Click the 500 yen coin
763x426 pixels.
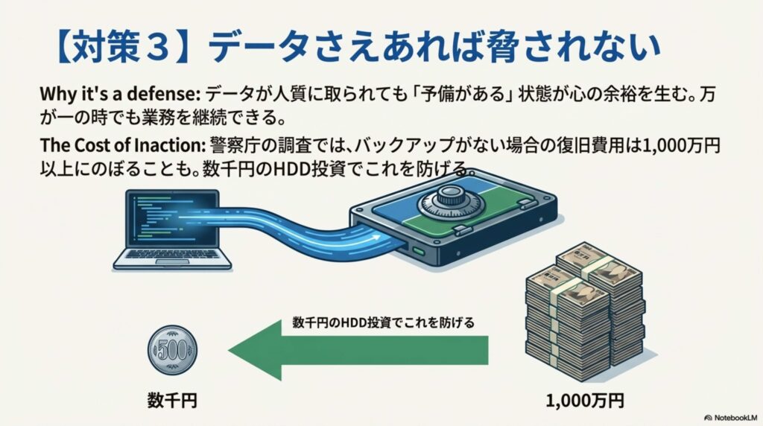click(x=173, y=349)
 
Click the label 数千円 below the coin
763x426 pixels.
click(x=172, y=401)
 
